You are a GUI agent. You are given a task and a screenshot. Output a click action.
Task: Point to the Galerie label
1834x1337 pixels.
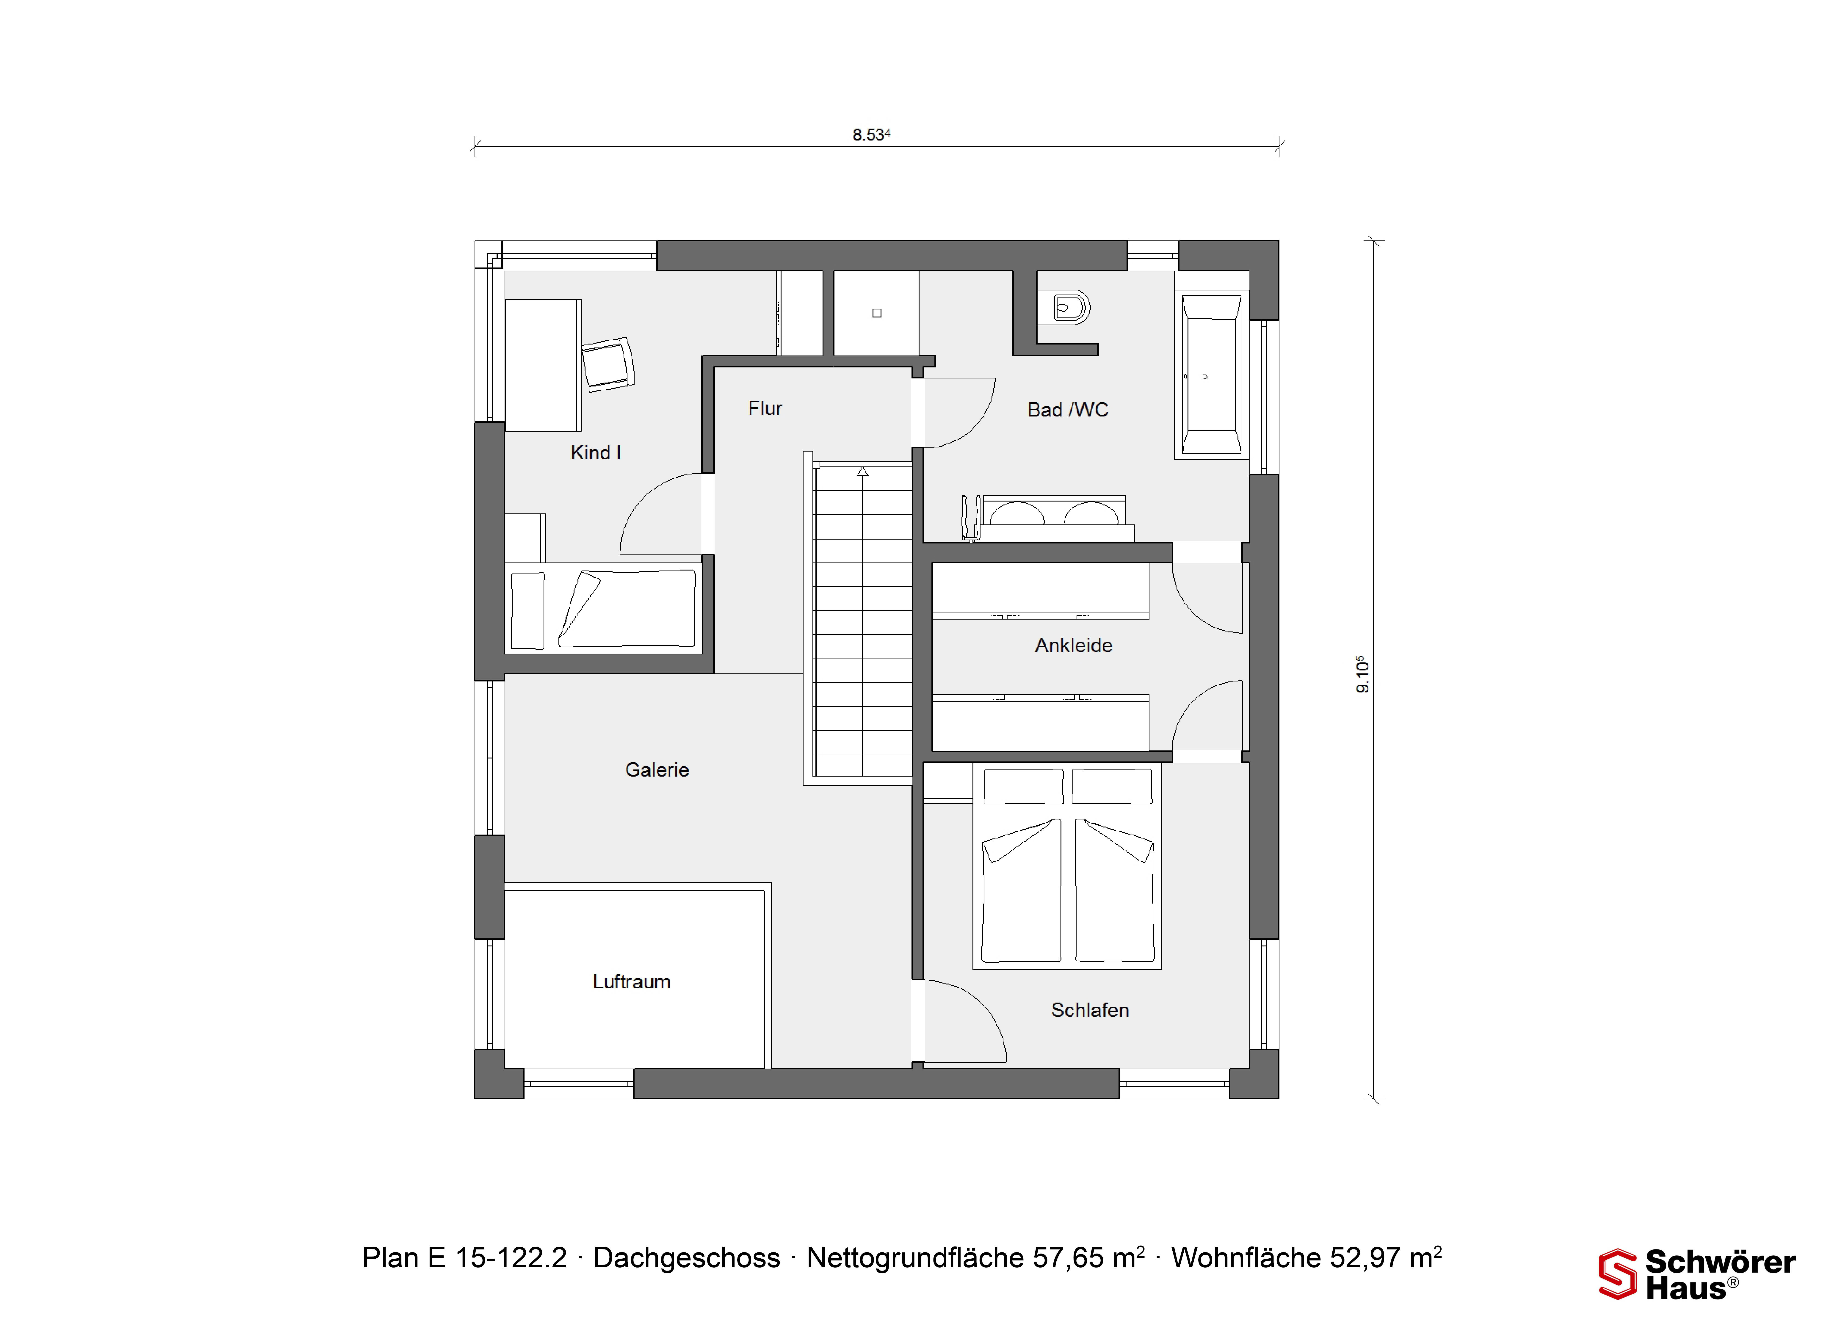pyautogui.click(x=656, y=770)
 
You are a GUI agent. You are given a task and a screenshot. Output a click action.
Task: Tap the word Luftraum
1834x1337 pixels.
pyautogui.click(x=631, y=982)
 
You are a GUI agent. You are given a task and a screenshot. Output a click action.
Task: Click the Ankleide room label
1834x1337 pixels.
pyautogui.click(x=1073, y=645)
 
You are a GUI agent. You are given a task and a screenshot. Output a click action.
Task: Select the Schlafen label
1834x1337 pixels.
pyautogui.click(x=1089, y=1010)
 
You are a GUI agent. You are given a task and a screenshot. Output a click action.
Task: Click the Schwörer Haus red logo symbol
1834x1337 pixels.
pyautogui.click(x=1617, y=1275)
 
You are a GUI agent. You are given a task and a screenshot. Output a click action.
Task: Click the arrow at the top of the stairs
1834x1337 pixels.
pyautogui.click(x=863, y=471)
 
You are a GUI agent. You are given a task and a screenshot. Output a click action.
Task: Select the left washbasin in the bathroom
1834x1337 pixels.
pyautogui.click(x=1017, y=513)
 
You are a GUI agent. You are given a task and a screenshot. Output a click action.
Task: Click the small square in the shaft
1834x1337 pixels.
pyautogui.click(x=876, y=313)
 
